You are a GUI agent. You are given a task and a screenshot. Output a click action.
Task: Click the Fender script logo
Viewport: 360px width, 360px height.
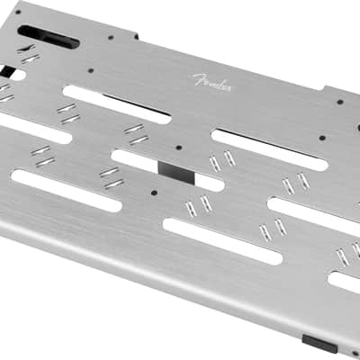(212, 83)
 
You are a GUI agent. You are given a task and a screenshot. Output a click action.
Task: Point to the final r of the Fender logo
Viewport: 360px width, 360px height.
(229, 88)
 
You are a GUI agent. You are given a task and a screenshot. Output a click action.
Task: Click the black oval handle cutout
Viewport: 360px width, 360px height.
(49, 37)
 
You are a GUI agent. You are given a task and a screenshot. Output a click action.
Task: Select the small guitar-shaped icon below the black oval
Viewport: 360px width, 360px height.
(26, 49)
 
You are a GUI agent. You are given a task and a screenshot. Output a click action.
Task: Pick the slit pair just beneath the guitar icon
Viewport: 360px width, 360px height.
(31, 58)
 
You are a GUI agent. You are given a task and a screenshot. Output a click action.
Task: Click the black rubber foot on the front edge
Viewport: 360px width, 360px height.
(319, 344)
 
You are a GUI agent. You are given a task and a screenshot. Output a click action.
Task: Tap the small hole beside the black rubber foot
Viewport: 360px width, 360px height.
(355, 353)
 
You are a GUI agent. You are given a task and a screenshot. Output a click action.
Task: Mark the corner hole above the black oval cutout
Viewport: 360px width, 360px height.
(18, 13)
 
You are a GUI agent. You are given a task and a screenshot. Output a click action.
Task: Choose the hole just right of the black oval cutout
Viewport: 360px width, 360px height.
(111, 38)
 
